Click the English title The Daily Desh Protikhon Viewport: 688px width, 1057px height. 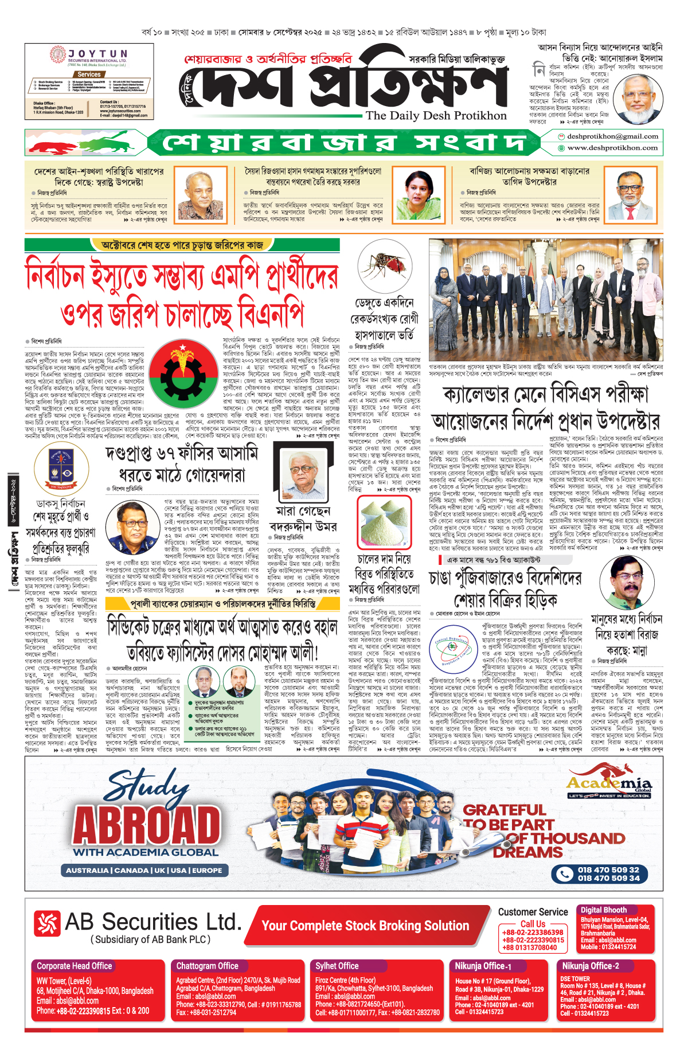point(436,115)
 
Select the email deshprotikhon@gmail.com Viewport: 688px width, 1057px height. point(612,136)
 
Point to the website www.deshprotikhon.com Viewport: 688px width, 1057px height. point(612,148)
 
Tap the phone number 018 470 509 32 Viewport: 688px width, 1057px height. point(608,869)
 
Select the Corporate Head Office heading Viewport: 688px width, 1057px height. point(75,966)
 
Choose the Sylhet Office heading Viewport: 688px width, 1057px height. point(337,966)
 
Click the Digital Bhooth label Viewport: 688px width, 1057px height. point(604,910)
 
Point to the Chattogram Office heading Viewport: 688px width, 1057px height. point(207,966)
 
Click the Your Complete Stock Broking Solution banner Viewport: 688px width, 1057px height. point(365,925)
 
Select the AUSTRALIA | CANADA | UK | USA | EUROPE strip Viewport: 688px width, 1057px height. point(144,870)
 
